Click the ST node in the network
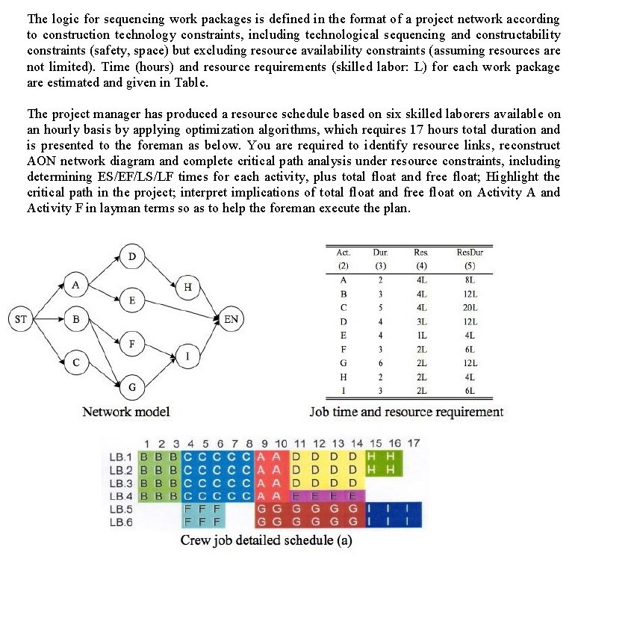click(x=22, y=319)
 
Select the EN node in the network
click(x=231, y=319)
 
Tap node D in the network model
click(x=132, y=258)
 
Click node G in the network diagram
click(x=132, y=387)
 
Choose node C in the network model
click(x=75, y=362)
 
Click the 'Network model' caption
click(x=126, y=412)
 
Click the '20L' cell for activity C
click(x=469, y=308)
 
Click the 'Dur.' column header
click(x=379, y=253)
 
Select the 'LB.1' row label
click(x=120, y=457)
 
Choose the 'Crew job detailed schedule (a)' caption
click(x=266, y=540)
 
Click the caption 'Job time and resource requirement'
click(x=406, y=412)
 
